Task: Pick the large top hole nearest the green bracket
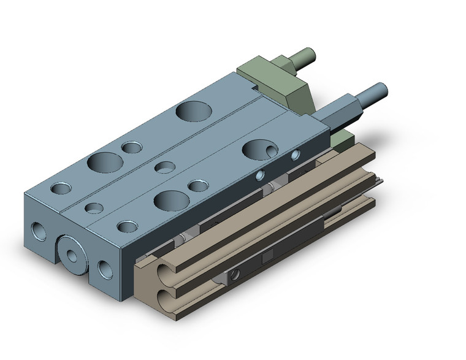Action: click(x=193, y=111)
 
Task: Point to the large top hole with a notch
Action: click(x=257, y=148)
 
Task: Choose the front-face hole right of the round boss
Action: click(x=104, y=268)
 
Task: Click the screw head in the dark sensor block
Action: click(x=235, y=274)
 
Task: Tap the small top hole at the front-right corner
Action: click(x=127, y=227)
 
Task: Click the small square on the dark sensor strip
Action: click(x=268, y=256)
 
